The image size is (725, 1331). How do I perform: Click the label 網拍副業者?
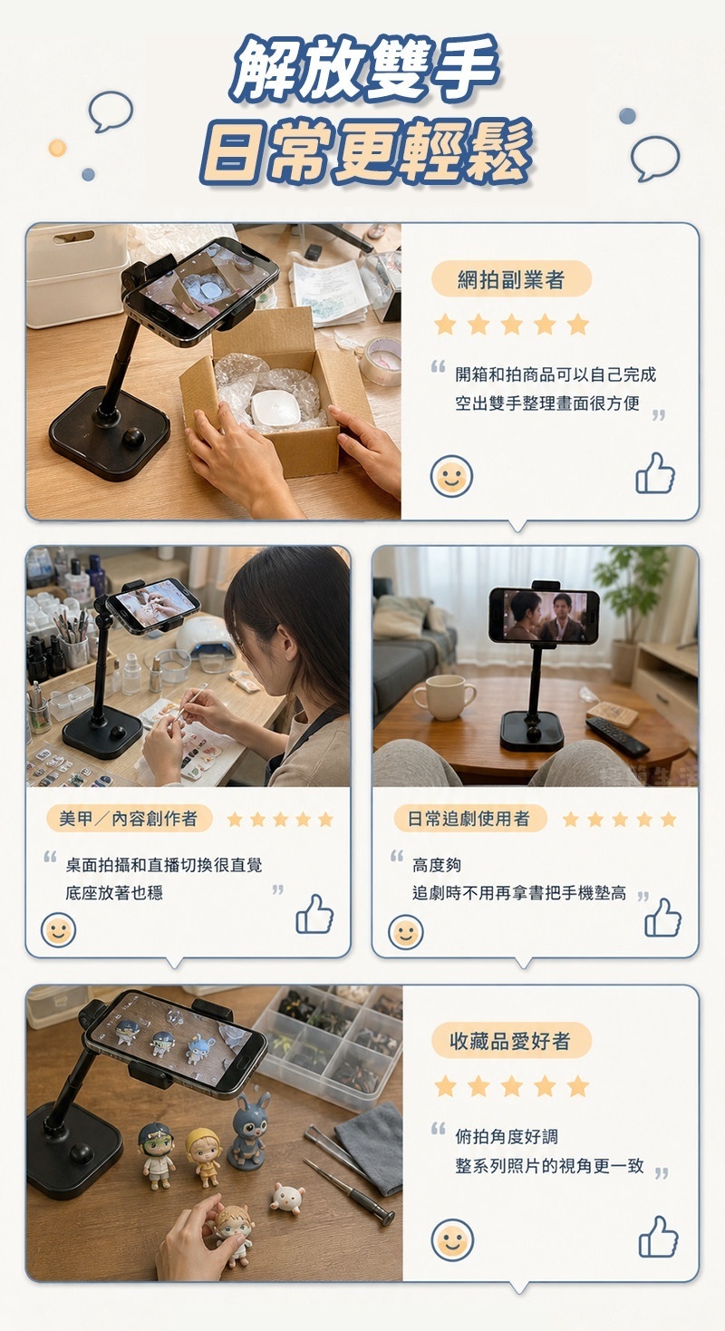click(510, 279)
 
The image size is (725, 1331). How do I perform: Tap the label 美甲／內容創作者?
click(129, 819)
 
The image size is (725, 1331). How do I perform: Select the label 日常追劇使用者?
click(469, 819)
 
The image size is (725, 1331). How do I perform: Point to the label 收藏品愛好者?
click(510, 1042)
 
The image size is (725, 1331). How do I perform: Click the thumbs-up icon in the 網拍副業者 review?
click(655, 473)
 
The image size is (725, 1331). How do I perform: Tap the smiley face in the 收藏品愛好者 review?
click(452, 1240)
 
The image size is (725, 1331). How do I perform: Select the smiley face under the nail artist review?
click(58, 930)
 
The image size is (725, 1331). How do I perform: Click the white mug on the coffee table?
click(445, 697)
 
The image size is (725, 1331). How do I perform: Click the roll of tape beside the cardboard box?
click(380, 360)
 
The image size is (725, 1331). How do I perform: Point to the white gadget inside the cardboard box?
click(276, 407)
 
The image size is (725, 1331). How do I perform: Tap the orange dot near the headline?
click(58, 148)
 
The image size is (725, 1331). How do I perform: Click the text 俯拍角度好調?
click(507, 1136)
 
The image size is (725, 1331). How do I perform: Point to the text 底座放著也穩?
click(114, 892)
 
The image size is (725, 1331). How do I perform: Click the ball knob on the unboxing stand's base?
click(133, 438)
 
